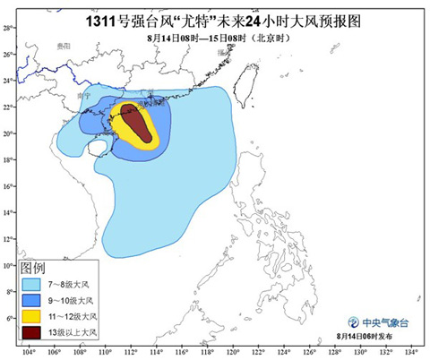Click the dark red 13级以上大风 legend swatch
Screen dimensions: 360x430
coord(32,332)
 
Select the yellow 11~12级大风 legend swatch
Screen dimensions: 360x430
coord(32,316)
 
